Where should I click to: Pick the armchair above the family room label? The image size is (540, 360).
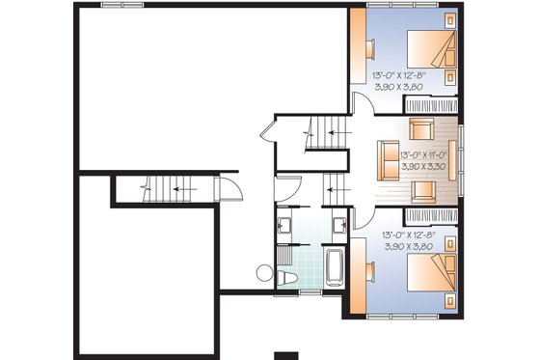(421, 128)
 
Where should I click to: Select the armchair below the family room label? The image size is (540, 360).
(421, 189)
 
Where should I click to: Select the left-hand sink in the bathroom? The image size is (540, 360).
(286, 228)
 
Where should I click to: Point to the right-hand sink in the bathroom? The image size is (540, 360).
(339, 228)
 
